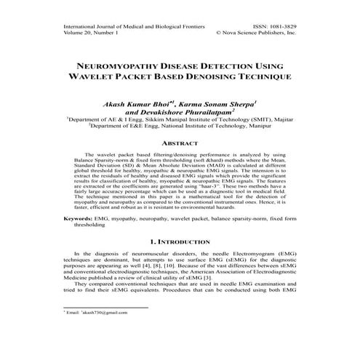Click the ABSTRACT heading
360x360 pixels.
[180, 143]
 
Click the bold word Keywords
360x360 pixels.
[78, 218]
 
